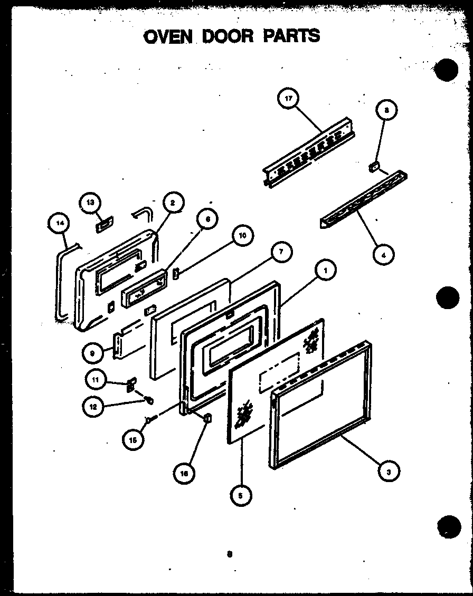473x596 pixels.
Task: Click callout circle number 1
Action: point(326,271)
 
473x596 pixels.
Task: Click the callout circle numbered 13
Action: point(90,203)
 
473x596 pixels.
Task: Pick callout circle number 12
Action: point(93,406)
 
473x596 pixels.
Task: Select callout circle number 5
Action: point(241,495)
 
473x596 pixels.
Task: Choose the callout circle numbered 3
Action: point(389,472)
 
